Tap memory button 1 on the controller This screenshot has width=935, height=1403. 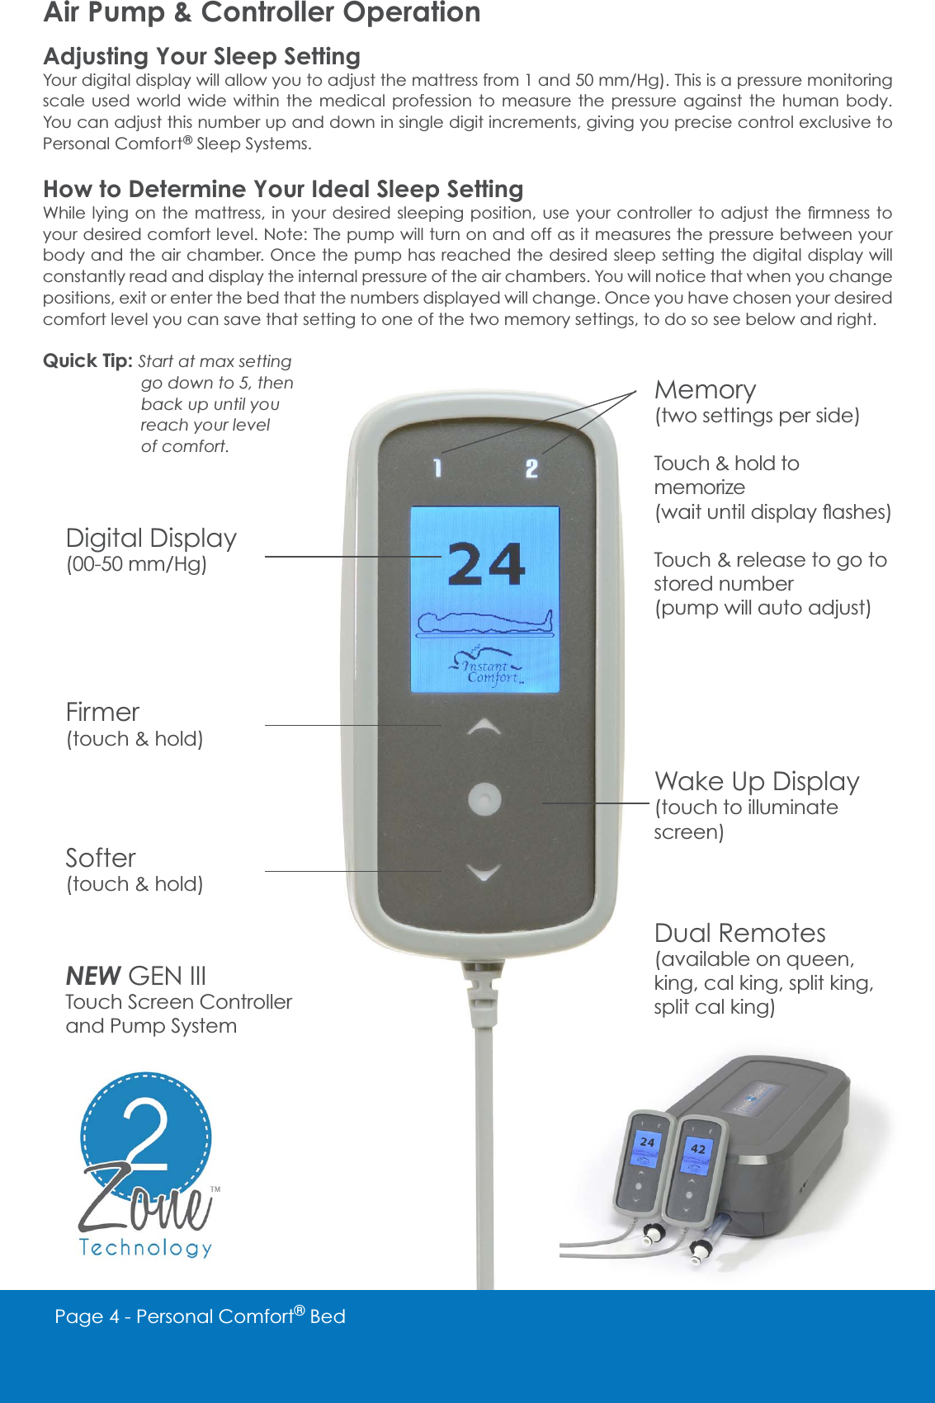[437, 468]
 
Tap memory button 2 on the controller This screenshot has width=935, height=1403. [531, 469]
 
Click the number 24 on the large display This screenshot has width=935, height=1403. [486, 564]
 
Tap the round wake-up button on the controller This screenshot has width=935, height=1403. [484, 799]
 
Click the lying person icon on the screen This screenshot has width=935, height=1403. [484, 623]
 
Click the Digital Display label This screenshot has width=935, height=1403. [151, 539]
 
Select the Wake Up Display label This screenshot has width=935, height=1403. [757, 781]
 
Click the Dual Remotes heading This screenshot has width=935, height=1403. [739, 933]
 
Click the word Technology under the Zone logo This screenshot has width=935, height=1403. [145, 1247]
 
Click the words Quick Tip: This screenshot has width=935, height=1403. [87, 361]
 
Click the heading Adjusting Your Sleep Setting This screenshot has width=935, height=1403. [201, 56]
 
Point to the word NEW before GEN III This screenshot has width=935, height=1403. [93, 977]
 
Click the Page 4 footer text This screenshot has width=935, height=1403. [200, 1316]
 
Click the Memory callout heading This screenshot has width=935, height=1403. [705, 389]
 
